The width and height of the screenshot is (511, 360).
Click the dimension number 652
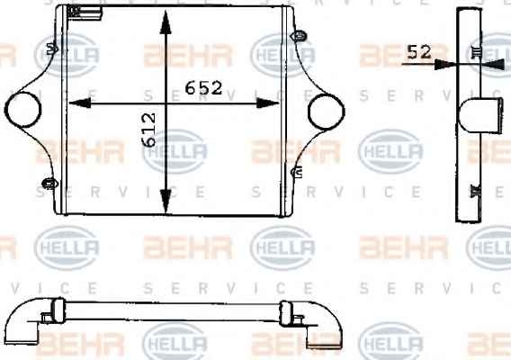coord(203,87)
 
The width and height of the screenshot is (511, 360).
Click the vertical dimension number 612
coord(148,130)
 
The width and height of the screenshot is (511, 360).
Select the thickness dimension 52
coord(419,52)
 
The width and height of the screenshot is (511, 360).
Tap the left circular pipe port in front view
coord(22,110)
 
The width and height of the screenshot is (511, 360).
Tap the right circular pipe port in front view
coord(326,112)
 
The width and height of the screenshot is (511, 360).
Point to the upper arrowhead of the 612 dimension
coord(166,22)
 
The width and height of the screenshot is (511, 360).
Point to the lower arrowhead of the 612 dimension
coord(166,202)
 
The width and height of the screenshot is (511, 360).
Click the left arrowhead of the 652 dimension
coord(80,103)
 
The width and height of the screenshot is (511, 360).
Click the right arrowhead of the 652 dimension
coord(267,103)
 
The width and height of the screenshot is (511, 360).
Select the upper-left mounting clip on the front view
coord(52,49)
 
